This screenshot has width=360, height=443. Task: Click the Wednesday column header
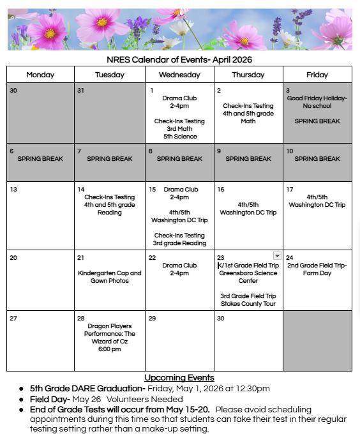179,75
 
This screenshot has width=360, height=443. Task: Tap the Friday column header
317,75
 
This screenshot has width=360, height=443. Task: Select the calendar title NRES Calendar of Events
179,60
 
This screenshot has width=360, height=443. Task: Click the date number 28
81,318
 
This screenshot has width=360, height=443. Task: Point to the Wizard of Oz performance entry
110,338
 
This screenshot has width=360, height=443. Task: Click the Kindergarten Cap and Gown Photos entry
110,277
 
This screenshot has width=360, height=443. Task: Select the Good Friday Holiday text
317,102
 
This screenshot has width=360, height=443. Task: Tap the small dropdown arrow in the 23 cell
277,256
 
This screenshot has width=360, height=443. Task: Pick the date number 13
13,190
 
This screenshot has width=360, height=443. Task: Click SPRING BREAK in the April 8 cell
179,159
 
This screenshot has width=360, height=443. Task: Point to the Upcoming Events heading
179,378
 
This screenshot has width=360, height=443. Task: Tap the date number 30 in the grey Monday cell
13,91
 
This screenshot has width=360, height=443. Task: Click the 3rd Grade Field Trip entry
248,300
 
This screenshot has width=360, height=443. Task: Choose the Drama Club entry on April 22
179,269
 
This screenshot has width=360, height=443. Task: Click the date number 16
221,190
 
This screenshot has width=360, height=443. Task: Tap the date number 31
81,91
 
